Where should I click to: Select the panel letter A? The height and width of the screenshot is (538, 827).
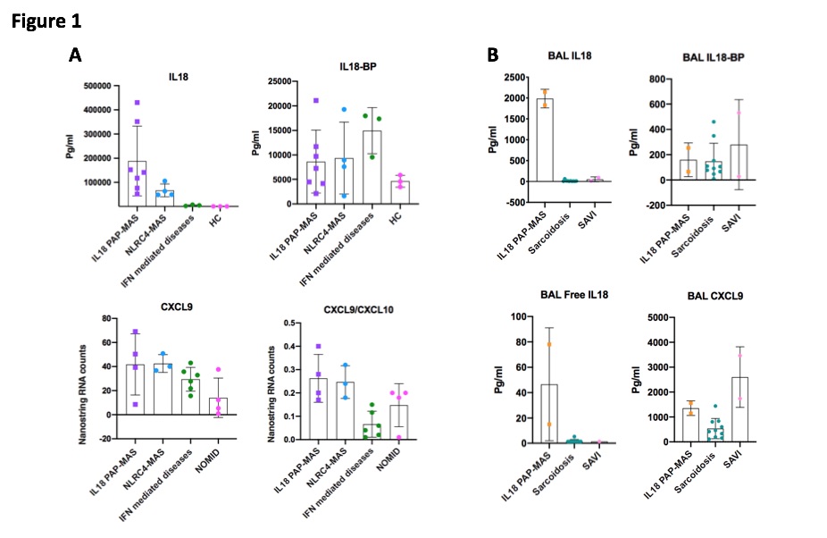point(76,55)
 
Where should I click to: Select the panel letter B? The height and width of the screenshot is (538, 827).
point(492,55)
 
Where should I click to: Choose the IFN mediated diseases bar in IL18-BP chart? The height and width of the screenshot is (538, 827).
point(372,167)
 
